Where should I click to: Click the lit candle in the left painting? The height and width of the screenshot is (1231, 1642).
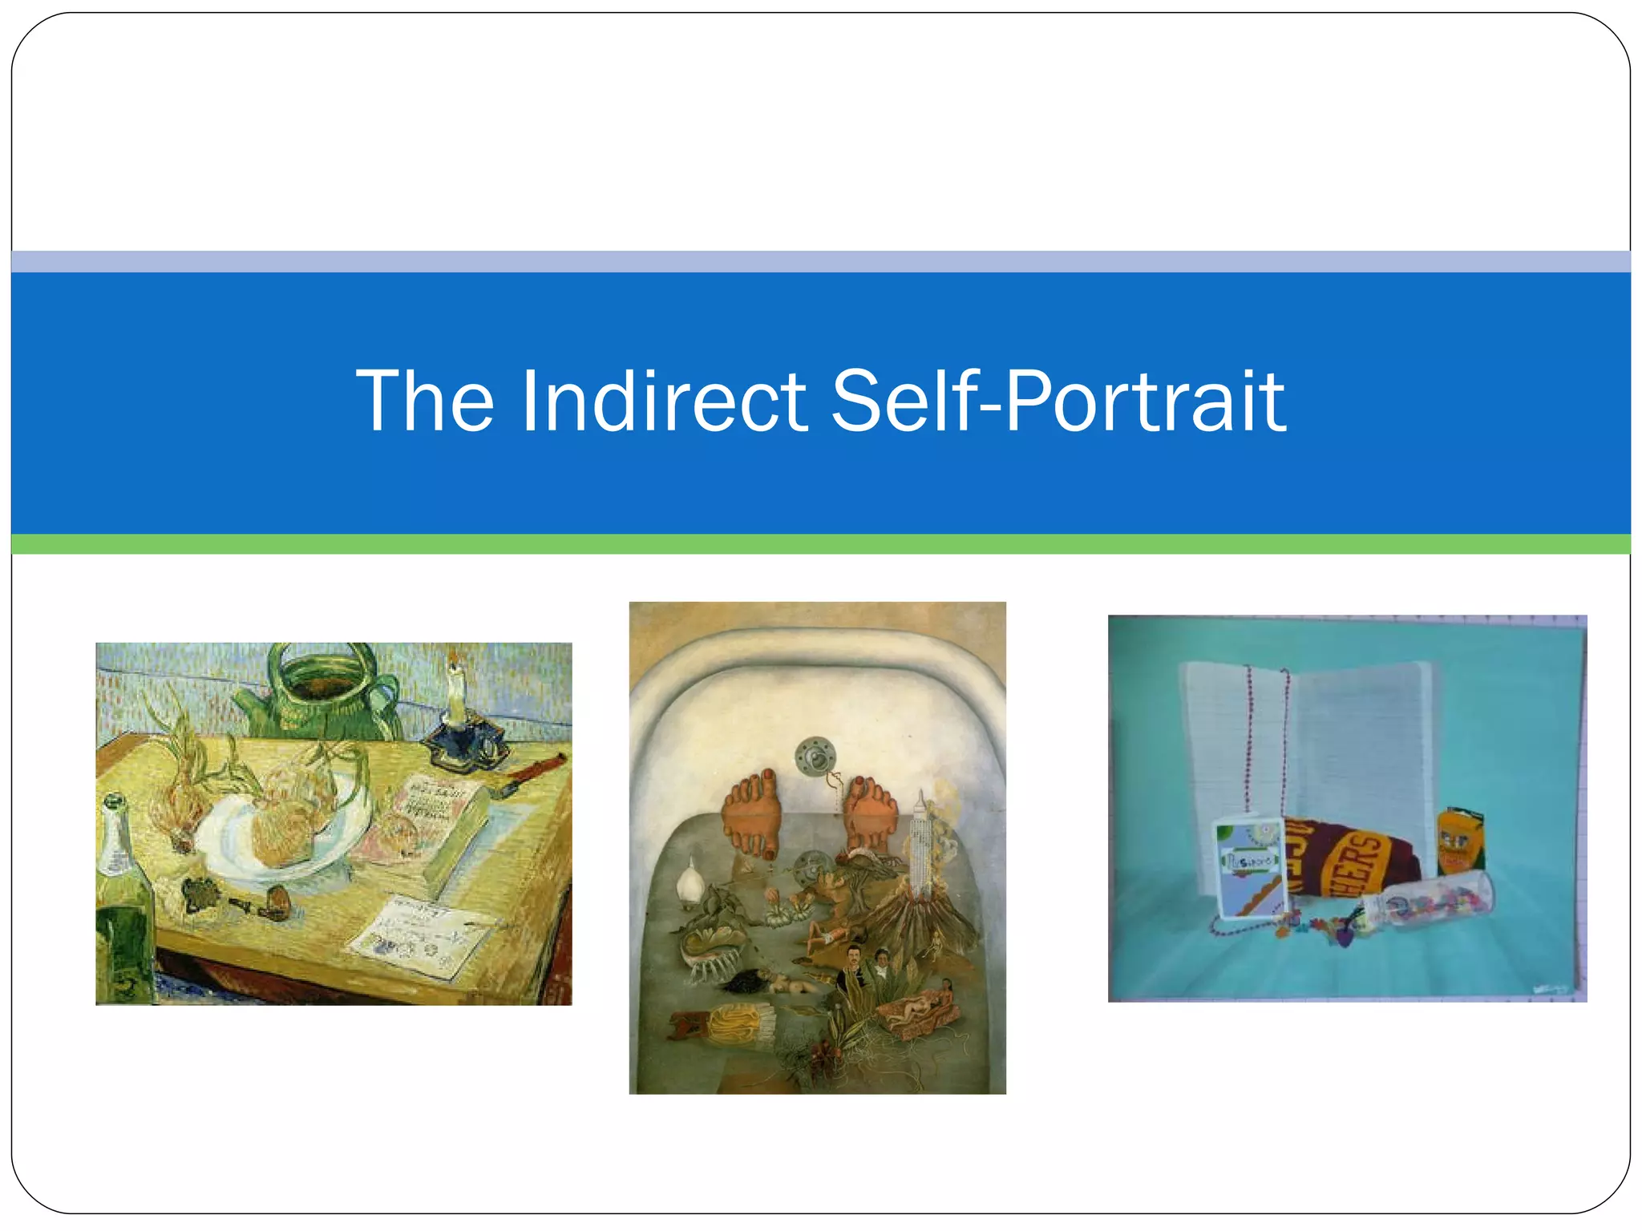click(456, 694)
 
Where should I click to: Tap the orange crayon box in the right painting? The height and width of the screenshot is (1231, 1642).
click(1459, 842)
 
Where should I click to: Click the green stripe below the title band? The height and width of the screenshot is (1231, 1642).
click(821, 544)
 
